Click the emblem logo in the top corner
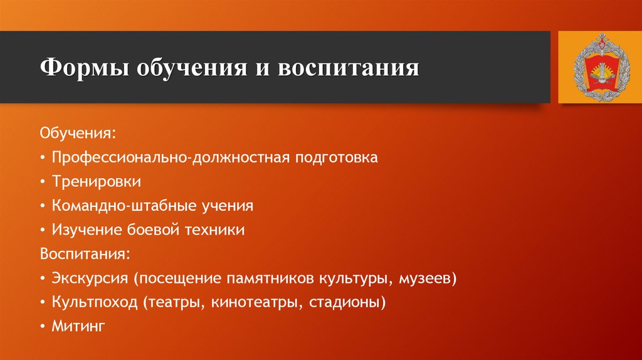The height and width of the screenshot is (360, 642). pyautogui.click(x=596, y=68)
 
